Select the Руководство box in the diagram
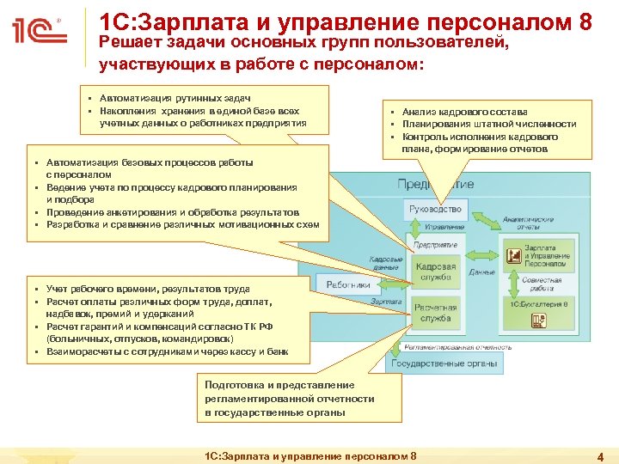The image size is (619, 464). pos(436,209)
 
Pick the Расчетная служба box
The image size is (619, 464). pos(436,313)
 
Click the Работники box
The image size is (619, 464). pos(348,284)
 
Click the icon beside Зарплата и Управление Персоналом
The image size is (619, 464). pos(513,256)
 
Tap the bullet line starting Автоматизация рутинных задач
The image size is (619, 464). pos(181,99)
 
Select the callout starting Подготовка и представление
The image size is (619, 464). pos(290,399)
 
